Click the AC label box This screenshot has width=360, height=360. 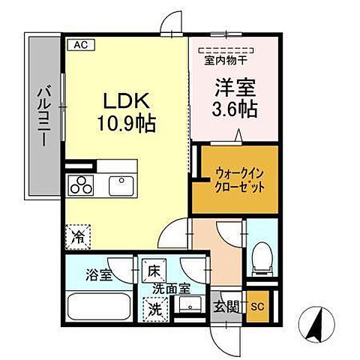pyautogui.click(x=80, y=45)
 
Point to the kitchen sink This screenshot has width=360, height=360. pyautogui.click(x=120, y=184)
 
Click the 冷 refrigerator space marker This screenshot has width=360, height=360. pyautogui.click(x=78, y=238)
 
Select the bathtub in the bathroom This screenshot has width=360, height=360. pyautogui.click(x=97, y=307)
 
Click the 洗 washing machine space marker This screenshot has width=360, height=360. pyautogui.click(x=153, y=307)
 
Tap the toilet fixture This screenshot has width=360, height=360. pyautogui.click(x=262, y=259)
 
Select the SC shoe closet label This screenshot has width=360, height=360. pyautogui.click(x=257, y=306)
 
